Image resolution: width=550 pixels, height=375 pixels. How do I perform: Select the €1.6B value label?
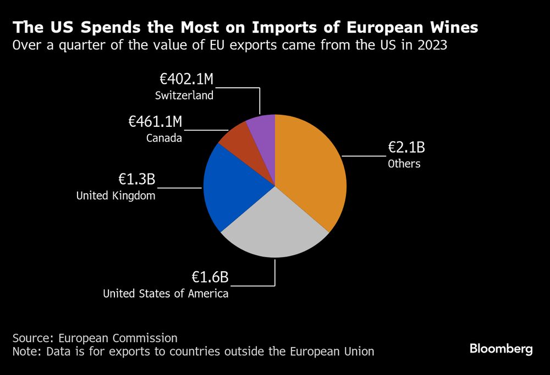click(210, 278)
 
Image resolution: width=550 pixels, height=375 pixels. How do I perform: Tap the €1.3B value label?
click(137, 180)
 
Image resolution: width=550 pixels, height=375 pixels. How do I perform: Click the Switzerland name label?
click(184, 96)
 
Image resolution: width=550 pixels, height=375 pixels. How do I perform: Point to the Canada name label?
click(164, 138)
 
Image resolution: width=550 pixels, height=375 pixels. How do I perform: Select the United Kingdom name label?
click(116, 195)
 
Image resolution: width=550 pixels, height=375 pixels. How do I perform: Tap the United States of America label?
click(166, 294)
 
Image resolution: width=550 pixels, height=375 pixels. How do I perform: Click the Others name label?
click(404, 164)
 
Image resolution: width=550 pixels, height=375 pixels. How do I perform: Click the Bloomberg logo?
click(501, 349)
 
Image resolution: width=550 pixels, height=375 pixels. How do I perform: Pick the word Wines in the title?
click(450, 27)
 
